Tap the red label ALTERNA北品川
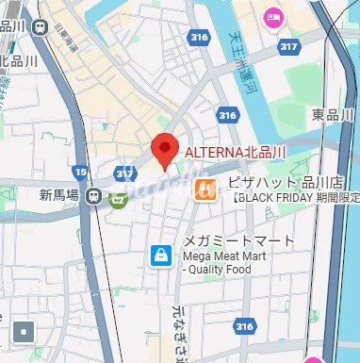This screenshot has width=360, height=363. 235,152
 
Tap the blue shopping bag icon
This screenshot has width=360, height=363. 161,254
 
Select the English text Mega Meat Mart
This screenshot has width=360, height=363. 228,255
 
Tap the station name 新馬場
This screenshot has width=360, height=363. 58,196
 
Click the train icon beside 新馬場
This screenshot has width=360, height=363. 93,196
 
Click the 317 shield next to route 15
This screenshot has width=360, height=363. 123,173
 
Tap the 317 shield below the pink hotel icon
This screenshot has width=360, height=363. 289,45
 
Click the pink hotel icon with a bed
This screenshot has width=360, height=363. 274,17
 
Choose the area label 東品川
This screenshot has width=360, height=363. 332,114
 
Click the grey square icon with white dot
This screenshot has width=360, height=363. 23,332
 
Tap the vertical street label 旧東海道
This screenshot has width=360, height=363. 65,40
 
